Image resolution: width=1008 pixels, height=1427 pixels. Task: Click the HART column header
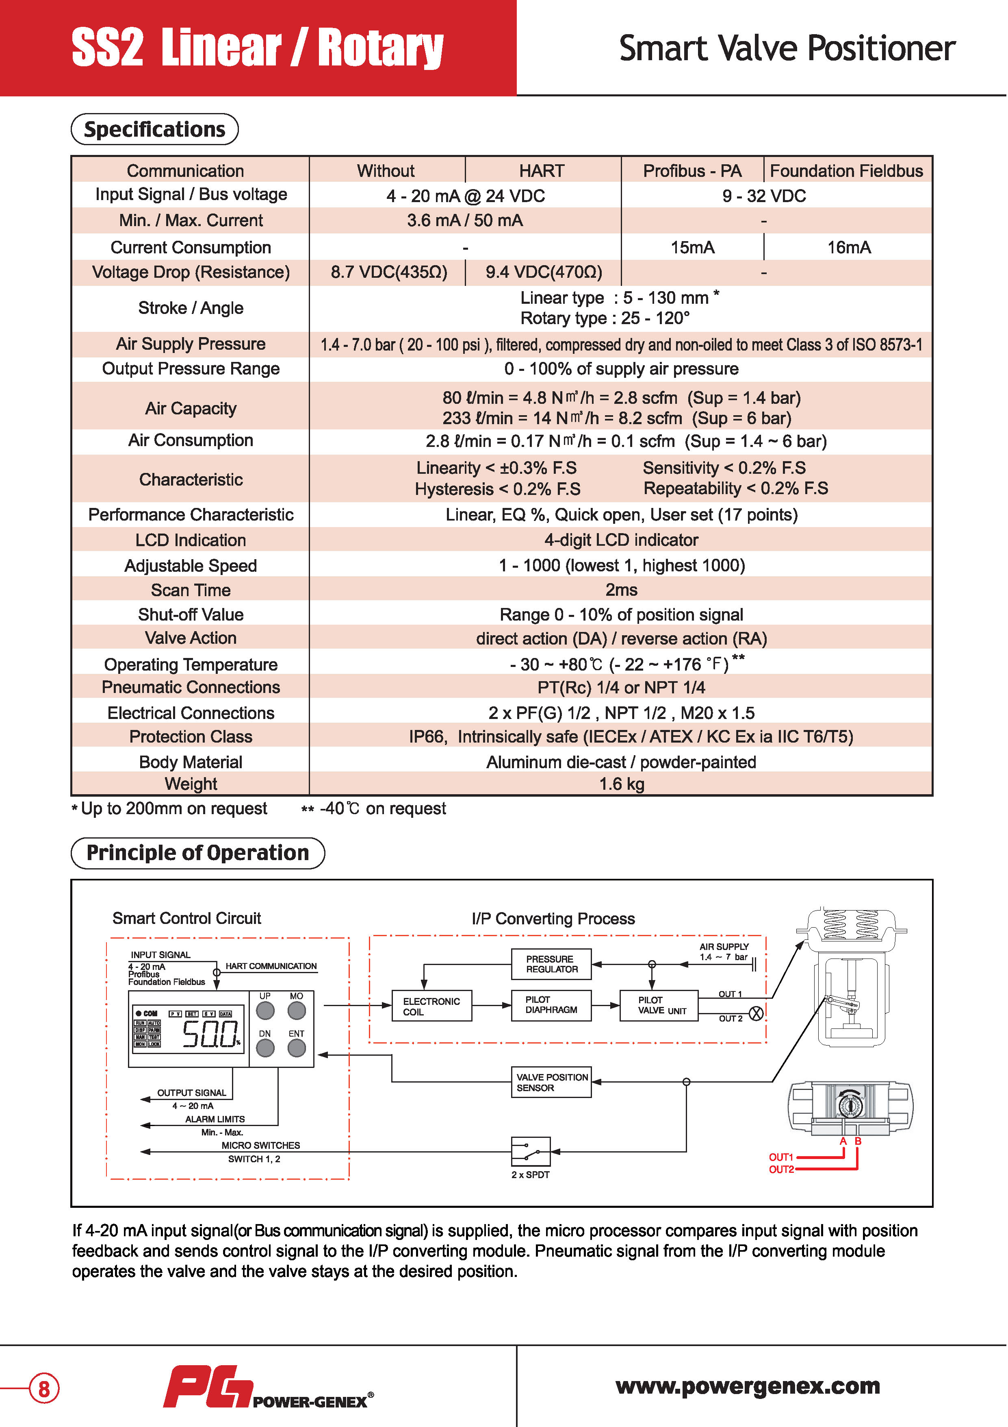(x=542, y=171)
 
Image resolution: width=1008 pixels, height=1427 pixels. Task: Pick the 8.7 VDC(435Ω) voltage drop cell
(x=389, y=272)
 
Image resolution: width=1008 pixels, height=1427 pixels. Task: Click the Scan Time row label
(x=191, y=590)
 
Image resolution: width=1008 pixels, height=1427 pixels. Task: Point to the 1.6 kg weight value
(x=621, y=784)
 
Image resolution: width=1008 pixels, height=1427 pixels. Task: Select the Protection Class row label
(x=191, y=736)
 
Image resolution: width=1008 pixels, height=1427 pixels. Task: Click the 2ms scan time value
(x=621, y=590)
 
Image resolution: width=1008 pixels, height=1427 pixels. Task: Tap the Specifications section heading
(x=155, y=129)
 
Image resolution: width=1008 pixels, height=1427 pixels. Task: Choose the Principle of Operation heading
(x=197, y=853)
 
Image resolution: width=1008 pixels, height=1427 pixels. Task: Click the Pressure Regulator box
(x=551, y=964)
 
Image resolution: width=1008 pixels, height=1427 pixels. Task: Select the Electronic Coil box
(x=431, y=1006)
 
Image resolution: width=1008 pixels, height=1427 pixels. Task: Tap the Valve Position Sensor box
(x=551, y=1082)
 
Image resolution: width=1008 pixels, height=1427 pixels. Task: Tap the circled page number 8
(x=44, y=1388)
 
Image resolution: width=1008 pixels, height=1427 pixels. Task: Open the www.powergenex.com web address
(x=748, y=1386)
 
